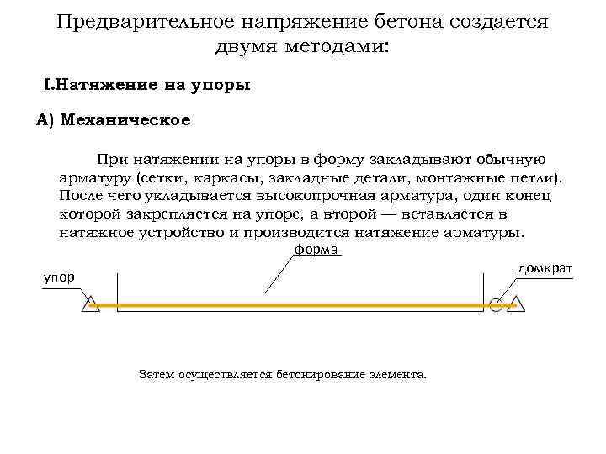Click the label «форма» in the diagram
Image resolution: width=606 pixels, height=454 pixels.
[316, 251]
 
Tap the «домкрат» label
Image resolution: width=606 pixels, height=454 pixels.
[545, 268]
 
